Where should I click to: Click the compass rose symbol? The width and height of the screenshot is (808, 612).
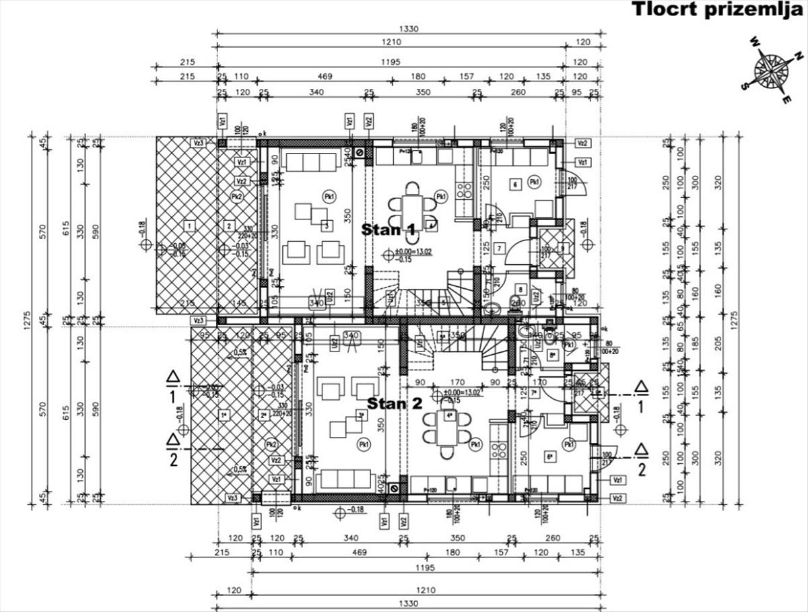[x=772, y=70]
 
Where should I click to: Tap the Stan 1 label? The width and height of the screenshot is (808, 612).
[x=389, y=230]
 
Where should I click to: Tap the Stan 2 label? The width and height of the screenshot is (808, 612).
[x=395, y=404]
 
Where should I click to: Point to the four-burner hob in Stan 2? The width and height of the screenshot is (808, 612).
[x=499, y=450]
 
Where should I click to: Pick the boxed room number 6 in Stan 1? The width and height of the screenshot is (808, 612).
[x=514, y=183]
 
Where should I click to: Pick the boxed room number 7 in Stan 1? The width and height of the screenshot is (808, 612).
[x=498, y=248]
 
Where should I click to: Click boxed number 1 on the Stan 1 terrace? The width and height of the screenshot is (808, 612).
[x=191, y=225]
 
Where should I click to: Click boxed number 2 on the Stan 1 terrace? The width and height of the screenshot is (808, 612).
[x=230, y=226]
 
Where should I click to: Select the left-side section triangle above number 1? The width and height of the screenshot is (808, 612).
[x=173, y=377]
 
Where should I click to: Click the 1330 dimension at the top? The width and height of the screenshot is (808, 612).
[x=409, y=28]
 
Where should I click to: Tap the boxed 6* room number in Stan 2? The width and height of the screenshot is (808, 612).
[x=549, y=457]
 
